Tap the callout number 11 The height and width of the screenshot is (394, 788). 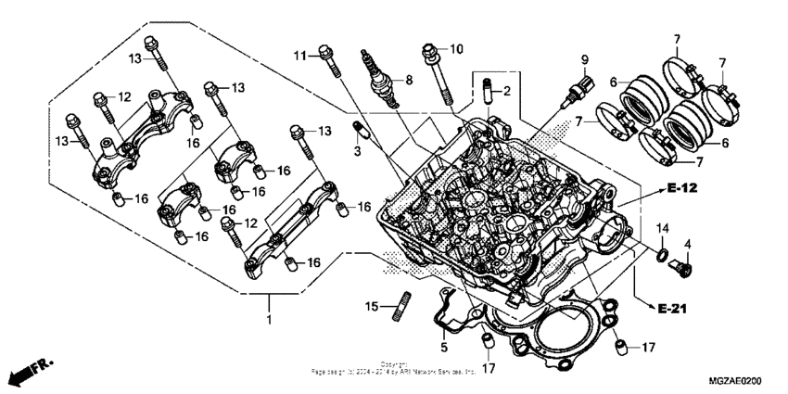(x=299, y=56)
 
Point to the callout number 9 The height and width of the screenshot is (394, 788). (x=584, y=60)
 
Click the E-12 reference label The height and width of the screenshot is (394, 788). (x=680, y=188)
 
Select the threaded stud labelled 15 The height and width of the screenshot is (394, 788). (x=404, y=305)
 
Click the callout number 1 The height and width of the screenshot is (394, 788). (x=269, y=320)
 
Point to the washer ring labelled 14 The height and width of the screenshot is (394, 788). (x=664, y=254)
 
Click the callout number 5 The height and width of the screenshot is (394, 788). (x=444, y=348)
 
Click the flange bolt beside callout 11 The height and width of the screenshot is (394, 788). (x=327, y=60)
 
